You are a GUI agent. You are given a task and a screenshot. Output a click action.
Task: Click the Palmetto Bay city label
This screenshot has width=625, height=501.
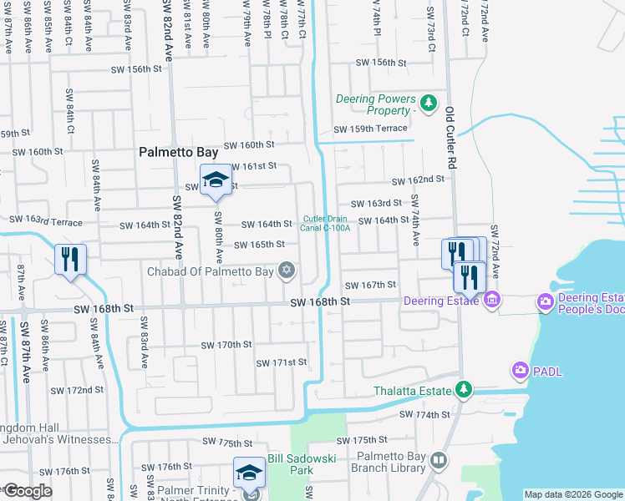click(x=178, y=153)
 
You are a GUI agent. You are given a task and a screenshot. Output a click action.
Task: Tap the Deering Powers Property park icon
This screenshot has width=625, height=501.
click(x=428, y=104)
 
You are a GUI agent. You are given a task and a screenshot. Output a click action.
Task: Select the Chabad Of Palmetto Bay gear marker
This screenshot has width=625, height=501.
click(x=287, y=269)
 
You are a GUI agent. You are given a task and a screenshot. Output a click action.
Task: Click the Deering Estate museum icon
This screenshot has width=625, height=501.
click(x=491, y=299)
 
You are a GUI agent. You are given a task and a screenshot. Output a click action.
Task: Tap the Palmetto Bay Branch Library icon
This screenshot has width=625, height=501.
click(x=438, y=460)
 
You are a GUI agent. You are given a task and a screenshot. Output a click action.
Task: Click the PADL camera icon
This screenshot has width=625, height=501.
click(x=521, y=369)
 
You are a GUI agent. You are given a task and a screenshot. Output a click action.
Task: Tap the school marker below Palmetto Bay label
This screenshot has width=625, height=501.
click(x=216, y=180)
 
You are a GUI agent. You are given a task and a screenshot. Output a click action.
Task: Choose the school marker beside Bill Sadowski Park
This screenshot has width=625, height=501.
click(x=249, y=473)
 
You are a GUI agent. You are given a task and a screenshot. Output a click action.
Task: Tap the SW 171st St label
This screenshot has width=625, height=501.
click(x=282, y=362)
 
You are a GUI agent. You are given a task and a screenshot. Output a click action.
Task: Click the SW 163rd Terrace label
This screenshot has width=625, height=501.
click(x=45, y=220)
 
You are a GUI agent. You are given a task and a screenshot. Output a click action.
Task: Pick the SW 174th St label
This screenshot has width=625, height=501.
click(x=424, y=414)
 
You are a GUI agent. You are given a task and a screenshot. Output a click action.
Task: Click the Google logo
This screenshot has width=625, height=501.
click(x=27, y=491)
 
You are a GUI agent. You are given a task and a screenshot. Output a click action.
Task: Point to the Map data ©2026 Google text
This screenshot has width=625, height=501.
click(x=572, y=494)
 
